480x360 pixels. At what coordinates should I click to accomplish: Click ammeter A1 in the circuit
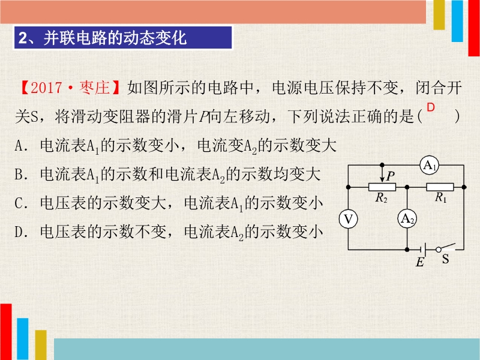pyautogui.click(x=429, y=166)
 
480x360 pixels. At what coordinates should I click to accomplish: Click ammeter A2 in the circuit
pyautogui.click(x=407, y=219)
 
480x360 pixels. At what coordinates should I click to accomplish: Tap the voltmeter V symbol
pyautogui.click(x=348, y=219)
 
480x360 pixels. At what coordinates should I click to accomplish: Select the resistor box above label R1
pyautogui.click(x=440, y=187)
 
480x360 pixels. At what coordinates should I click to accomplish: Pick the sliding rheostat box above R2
pyautogui.click(x=382, y=187)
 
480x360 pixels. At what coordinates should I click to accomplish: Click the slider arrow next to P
pyautogui.click(x=382, y=174)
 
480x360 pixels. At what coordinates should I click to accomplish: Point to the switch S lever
pyautogui.click(x=446, y=247)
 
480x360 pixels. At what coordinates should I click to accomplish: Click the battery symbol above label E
pyautogui.click(x=424, y=250)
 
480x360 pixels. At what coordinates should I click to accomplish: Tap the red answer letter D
pyautogui.click(x=431, y=107)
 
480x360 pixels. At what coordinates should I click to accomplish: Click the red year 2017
pyautogui.click(x=46, y=88)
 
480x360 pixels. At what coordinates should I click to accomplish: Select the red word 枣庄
pyautogui.click(x=94, y=88)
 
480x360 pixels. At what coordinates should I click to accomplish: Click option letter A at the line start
pyautogui.click(x=19, y=146)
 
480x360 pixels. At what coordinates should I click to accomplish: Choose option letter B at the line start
pyautogui.click(x=19, y=175)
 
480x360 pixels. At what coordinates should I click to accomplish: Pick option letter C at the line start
pyautogui.click(x=19, y=203)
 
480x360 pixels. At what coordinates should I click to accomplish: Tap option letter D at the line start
pyautogui.click(x=19, y=232)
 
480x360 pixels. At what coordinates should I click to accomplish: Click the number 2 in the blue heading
pyautogui.click(x=23, y=38)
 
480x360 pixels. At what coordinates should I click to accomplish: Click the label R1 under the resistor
pyautogui.click(x=441, y=197)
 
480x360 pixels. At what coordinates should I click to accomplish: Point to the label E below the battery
pyautogui.click(x=419, y=262)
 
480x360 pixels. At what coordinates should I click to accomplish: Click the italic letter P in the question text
pyautogui.click(x=204, y=116)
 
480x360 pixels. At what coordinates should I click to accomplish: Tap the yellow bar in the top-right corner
pyautogui.click(x=439, y=14)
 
